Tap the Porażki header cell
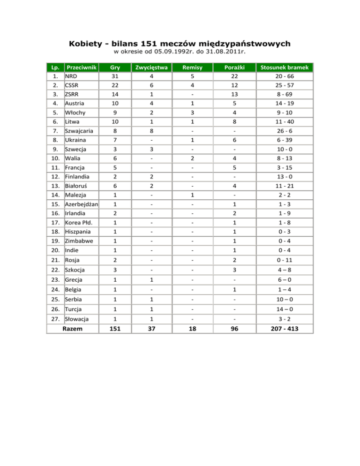233,68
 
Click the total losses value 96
233,329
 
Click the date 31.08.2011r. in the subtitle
225,53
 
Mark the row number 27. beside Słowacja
55,319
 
